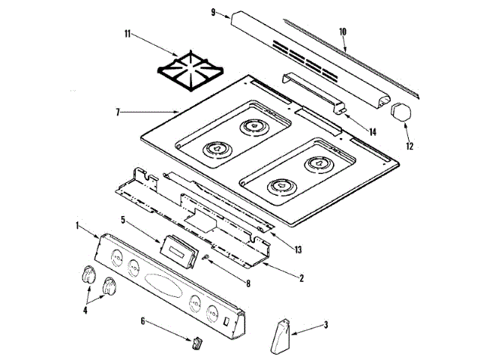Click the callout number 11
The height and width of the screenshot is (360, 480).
pyautogui.click(x=127, y=34)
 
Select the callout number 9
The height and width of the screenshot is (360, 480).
pyautogui.click(x=214, y=12)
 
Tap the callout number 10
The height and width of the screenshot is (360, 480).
pyautogui.click(x=343, y=32)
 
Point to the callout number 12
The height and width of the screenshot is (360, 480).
pyautogui.click(x=409, y=146)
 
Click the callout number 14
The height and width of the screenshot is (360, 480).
pyautogui.click(x=372, y=132)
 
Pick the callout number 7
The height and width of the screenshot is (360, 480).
pyautogui.click(x=118, y=112)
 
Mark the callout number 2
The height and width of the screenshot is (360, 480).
pyautogui.click(x=301, y=278)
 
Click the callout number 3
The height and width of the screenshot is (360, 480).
pyautogui.click(x=325, y=325)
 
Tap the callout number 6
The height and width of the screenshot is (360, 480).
pyautogui.click(x=143, y=321)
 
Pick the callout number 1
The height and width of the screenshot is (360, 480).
pyautogui.click(x=78, y=224)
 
